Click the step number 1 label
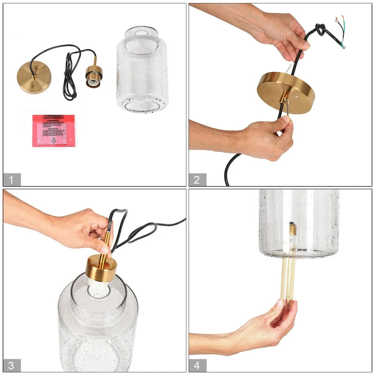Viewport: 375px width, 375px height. click(12, 179)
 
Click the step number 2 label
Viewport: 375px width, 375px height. click(197, 179)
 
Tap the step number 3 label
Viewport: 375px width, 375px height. click(12, 365)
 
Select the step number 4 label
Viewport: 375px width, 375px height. click(197, 365)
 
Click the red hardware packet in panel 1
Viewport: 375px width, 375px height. click(54, 130)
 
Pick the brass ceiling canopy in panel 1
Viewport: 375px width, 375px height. click(34, 79)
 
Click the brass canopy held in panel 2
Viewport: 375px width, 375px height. click(285, 91)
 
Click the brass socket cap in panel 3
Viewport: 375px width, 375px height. click(101, 268)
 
